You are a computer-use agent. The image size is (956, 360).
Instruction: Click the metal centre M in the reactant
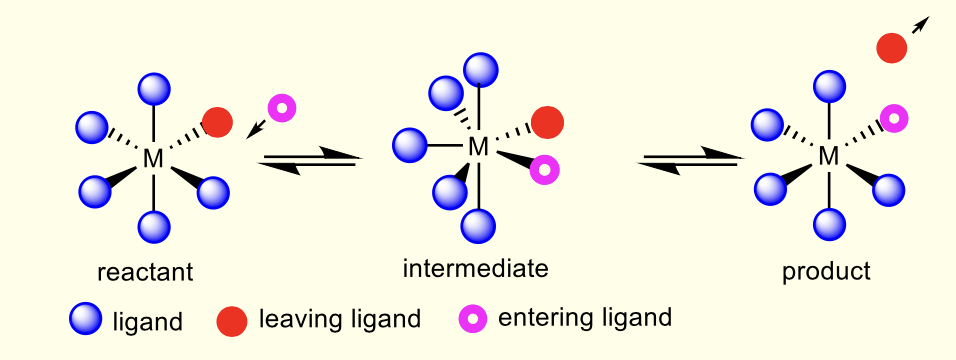[153, 158]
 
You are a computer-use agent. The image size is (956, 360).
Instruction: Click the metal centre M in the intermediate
[479, 147]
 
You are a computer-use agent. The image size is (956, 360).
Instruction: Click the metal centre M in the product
[828, 156]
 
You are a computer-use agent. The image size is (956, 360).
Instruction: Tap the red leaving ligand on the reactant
[217, 122]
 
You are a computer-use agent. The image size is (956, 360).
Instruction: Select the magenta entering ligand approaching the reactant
[282, 107]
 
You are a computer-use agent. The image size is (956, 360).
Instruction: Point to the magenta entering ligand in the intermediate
[544, 169]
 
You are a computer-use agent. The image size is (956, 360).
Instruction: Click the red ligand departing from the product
[892, 47]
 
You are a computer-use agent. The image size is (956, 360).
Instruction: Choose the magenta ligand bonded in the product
[895, 118]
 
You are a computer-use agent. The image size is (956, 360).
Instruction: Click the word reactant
[145, 272]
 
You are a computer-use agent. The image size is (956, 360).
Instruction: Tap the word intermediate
[475, 269]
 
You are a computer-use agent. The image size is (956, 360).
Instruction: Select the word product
[827, 272]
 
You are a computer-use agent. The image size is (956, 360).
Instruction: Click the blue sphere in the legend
[85, 320]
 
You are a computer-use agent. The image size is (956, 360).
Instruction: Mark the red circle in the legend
[231, 321]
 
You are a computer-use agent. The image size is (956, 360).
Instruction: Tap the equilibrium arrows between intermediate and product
[691, 159]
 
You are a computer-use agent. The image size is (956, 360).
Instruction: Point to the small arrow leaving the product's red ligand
[919, 27]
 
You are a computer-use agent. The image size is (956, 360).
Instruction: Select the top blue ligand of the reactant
[153, 88]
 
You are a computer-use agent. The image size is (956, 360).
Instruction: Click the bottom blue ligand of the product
[829, 225]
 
